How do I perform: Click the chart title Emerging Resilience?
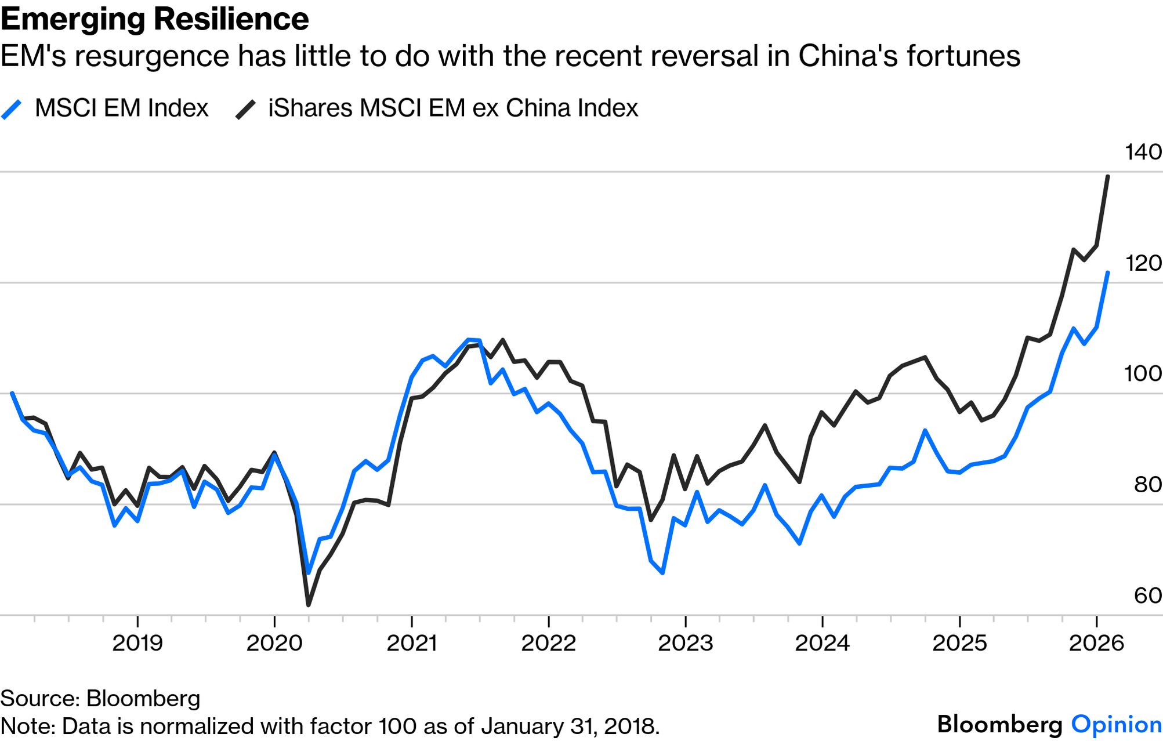pos(154,20)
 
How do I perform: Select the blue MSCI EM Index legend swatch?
pos(12,109)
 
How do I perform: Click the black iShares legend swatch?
pos(245,109)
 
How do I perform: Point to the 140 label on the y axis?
pos(1143,152)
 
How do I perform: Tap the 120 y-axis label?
pos(1143,263)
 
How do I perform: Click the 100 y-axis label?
pos(1143,374)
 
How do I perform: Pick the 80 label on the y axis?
pos(1147,485)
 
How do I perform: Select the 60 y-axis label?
pos(1147,595)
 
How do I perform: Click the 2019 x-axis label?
pos(137,643)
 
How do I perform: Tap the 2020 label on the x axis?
pos(274,643)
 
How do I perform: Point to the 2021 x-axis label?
pos(411,643)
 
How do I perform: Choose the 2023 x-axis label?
pos(685,643)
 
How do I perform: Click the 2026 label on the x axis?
pos(1096,643)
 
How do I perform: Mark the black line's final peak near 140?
pos(1108,176)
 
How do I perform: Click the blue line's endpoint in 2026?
pos(1108,273)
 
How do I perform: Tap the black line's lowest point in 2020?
pos(308,605)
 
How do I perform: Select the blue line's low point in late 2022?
pos(662,573)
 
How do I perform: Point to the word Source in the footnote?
pos(39,699)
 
